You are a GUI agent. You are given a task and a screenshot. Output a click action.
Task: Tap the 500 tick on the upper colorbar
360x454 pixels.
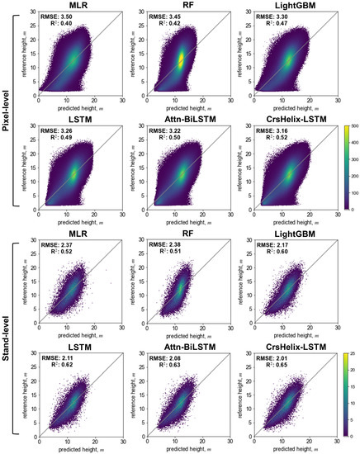[349, 125]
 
